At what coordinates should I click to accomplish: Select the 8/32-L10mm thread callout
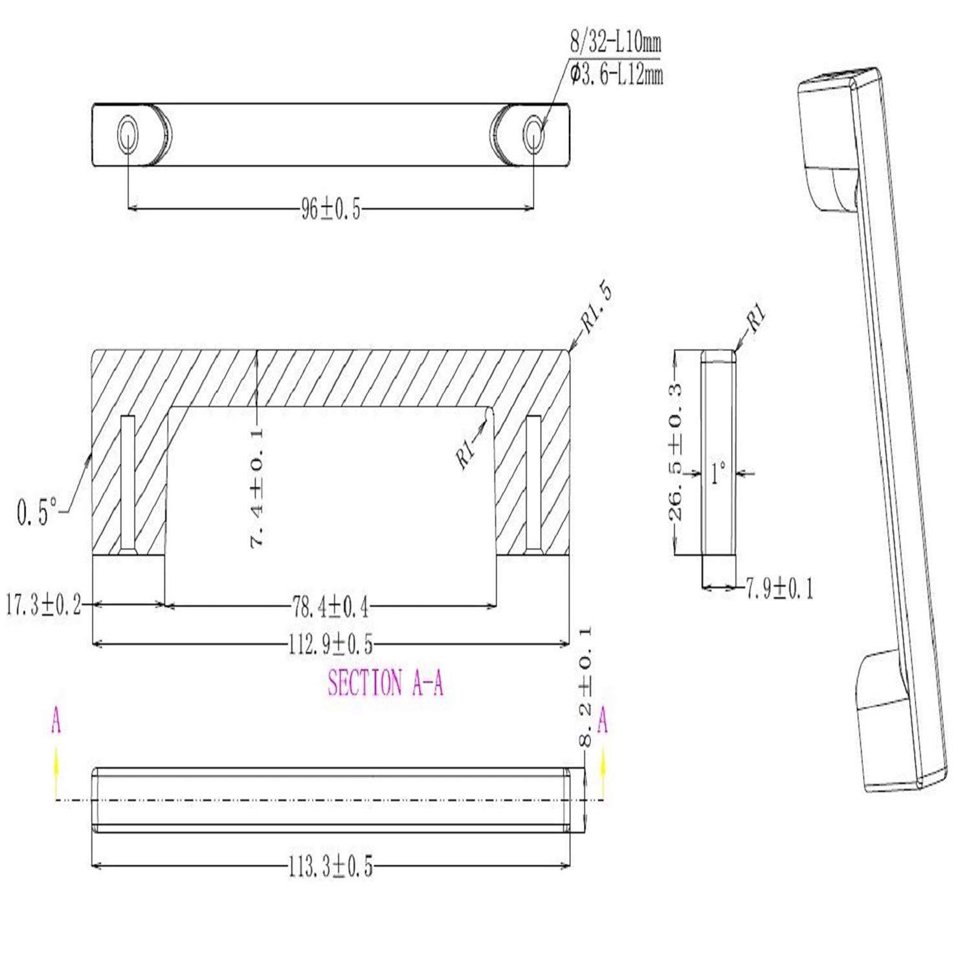pyautogui.click(x=615, y=44)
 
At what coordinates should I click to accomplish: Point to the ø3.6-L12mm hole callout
pyautogui.click(x=616, y=74)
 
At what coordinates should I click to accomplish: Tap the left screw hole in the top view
pyautogui.click(x=127, y=135)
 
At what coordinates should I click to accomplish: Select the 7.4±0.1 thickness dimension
pyautogui.click(x=257, y=487)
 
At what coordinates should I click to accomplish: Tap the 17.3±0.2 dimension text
pyautogui.click(x=44, y=606)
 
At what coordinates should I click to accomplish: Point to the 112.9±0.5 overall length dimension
pyautogui.click(x=330, y=644)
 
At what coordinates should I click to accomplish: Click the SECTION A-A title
pyautogui.click(x=385, y=683)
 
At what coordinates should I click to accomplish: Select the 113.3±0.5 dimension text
pyautogui.click(x=330, y=867)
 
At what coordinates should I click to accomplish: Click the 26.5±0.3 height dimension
pyautogui.click(x=675, y=451)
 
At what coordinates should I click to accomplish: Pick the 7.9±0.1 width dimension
pyautogui.click(x=779, y=588)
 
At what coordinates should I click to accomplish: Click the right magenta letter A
pyautogui.click(x=603, y=721)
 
